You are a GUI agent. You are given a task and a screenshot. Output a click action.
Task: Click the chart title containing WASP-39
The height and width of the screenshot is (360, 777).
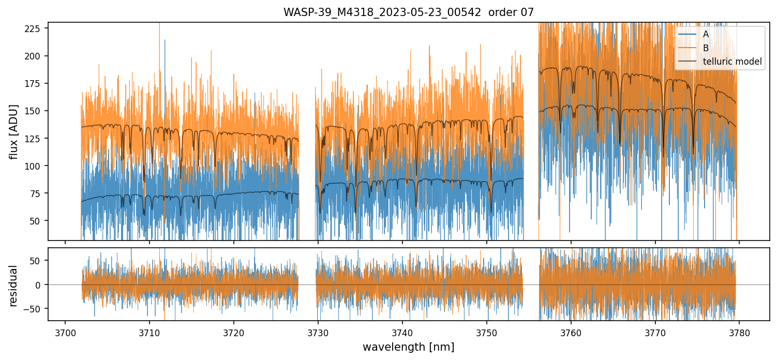point(408,12)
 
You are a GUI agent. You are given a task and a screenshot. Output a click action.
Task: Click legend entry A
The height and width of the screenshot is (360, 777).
point(706,35)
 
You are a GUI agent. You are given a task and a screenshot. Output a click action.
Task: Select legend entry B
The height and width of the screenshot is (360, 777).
point(706,48)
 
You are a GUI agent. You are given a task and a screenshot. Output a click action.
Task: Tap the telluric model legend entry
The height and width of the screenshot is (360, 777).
point(732,62)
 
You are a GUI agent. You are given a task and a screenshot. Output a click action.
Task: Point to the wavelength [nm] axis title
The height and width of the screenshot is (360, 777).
point(408,347)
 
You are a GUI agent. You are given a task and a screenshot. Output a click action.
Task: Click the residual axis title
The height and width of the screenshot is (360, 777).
point(13,285)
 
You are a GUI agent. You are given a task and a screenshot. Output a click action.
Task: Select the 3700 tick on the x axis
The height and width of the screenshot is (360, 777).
point(65,331)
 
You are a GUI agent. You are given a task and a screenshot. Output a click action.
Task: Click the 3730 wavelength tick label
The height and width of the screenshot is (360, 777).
point(318,331)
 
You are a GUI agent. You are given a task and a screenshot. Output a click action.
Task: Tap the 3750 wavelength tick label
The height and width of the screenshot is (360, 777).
point(487,331)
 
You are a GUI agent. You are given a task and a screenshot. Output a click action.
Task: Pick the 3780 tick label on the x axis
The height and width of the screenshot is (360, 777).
point(739,331)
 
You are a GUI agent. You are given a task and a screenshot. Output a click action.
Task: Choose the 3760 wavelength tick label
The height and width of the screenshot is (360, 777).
point(571,331)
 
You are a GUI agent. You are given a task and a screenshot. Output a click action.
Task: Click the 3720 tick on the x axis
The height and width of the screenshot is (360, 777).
point(234,331)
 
